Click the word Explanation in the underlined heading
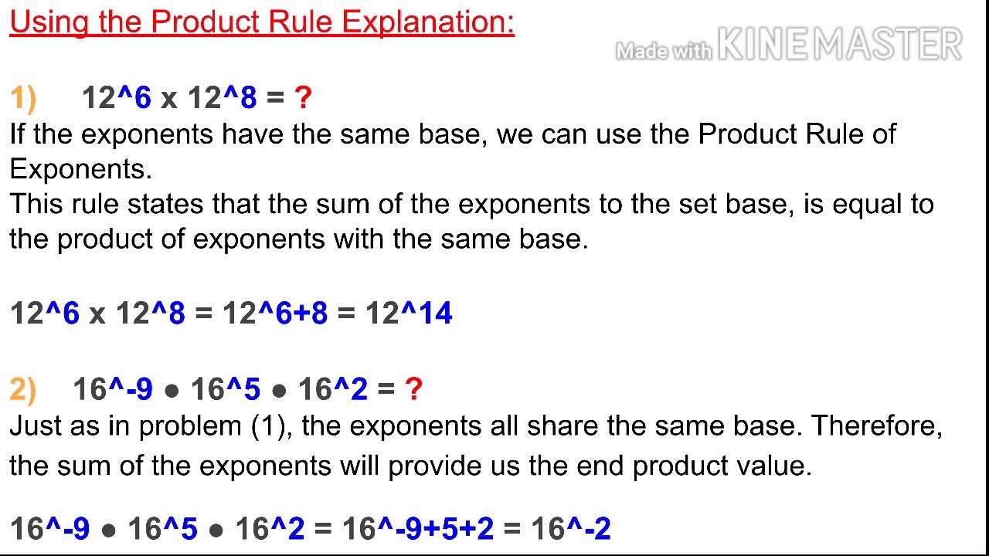click(427, 22)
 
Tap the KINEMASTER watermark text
click(840, 45)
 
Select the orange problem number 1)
click(23, 98)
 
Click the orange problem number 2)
click(23, 389)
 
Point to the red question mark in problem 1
click(303, 98)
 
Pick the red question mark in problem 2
click(413, 389)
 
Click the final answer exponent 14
click(435, 314)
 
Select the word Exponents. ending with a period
click(80, 168)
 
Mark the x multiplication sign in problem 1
click(168, 99)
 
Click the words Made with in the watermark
click(663, 51)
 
